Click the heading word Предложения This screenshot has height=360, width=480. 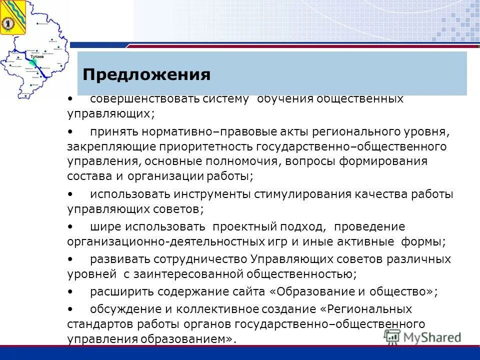tap(146, 75)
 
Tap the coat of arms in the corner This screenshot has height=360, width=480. tap(9, 17)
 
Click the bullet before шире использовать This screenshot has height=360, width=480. tap(70, 226)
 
